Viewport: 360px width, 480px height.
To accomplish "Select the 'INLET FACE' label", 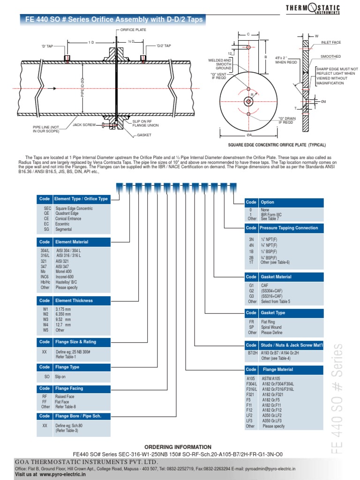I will click(330, 43).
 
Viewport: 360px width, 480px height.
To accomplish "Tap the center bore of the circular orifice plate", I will click(248, 102).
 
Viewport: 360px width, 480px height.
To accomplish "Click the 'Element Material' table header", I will click(71, 242).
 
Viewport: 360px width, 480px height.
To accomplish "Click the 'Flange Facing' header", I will click(69, 388).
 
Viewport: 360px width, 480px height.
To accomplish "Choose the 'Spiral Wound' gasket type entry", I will click(271, 327).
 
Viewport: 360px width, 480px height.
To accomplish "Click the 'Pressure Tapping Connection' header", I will click(289, 228).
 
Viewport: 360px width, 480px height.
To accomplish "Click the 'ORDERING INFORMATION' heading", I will click(178, 447).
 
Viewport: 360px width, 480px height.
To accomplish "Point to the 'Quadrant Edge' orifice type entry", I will click(67, 213).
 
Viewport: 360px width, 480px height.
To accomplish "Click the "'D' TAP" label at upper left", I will click(47, 46).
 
